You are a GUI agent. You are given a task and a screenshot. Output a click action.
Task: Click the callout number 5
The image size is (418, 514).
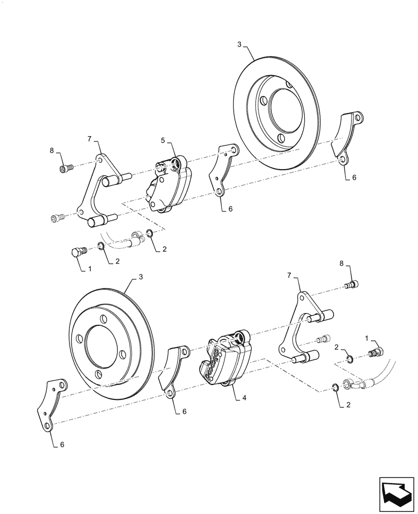[163, 140]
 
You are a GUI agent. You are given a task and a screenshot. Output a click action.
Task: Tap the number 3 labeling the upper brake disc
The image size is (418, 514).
[239, 45]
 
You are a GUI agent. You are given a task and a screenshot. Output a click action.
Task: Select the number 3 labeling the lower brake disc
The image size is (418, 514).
[140, 277]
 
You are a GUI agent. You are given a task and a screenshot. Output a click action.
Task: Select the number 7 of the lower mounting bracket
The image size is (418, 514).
[296, 277]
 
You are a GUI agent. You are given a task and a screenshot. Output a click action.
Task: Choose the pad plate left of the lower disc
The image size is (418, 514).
[52, 406]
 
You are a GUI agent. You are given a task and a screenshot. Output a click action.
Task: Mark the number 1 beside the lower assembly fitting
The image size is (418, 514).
[367, 338]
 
